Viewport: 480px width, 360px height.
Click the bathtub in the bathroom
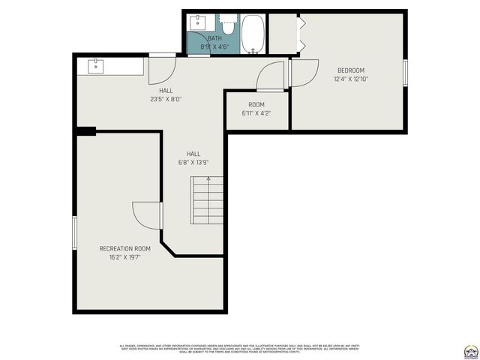click(253, 34)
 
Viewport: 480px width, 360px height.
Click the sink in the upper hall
click(97, 66)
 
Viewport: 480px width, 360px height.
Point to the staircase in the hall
click(207, 201)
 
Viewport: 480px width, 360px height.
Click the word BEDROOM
click(350, 70)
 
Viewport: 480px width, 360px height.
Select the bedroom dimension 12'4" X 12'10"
click(350, 79)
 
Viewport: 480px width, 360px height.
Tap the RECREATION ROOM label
click(124, 248)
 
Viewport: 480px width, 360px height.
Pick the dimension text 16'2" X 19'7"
click(124, 257)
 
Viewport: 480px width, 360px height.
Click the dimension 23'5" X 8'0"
click(166, 98)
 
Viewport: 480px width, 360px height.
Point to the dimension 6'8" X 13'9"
click(193, 162)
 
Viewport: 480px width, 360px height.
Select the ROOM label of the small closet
click(256, 105)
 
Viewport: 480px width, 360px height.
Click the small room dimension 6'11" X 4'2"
click(256, 114)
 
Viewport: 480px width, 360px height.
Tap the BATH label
click(214, 38)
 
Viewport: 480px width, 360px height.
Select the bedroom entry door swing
click(303, 73)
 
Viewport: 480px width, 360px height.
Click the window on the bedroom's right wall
click(405, 73)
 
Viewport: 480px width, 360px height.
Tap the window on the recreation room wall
click(73, 232)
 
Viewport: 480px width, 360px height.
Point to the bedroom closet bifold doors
click(301, 34)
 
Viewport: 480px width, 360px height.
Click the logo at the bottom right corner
click(470, 350)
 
